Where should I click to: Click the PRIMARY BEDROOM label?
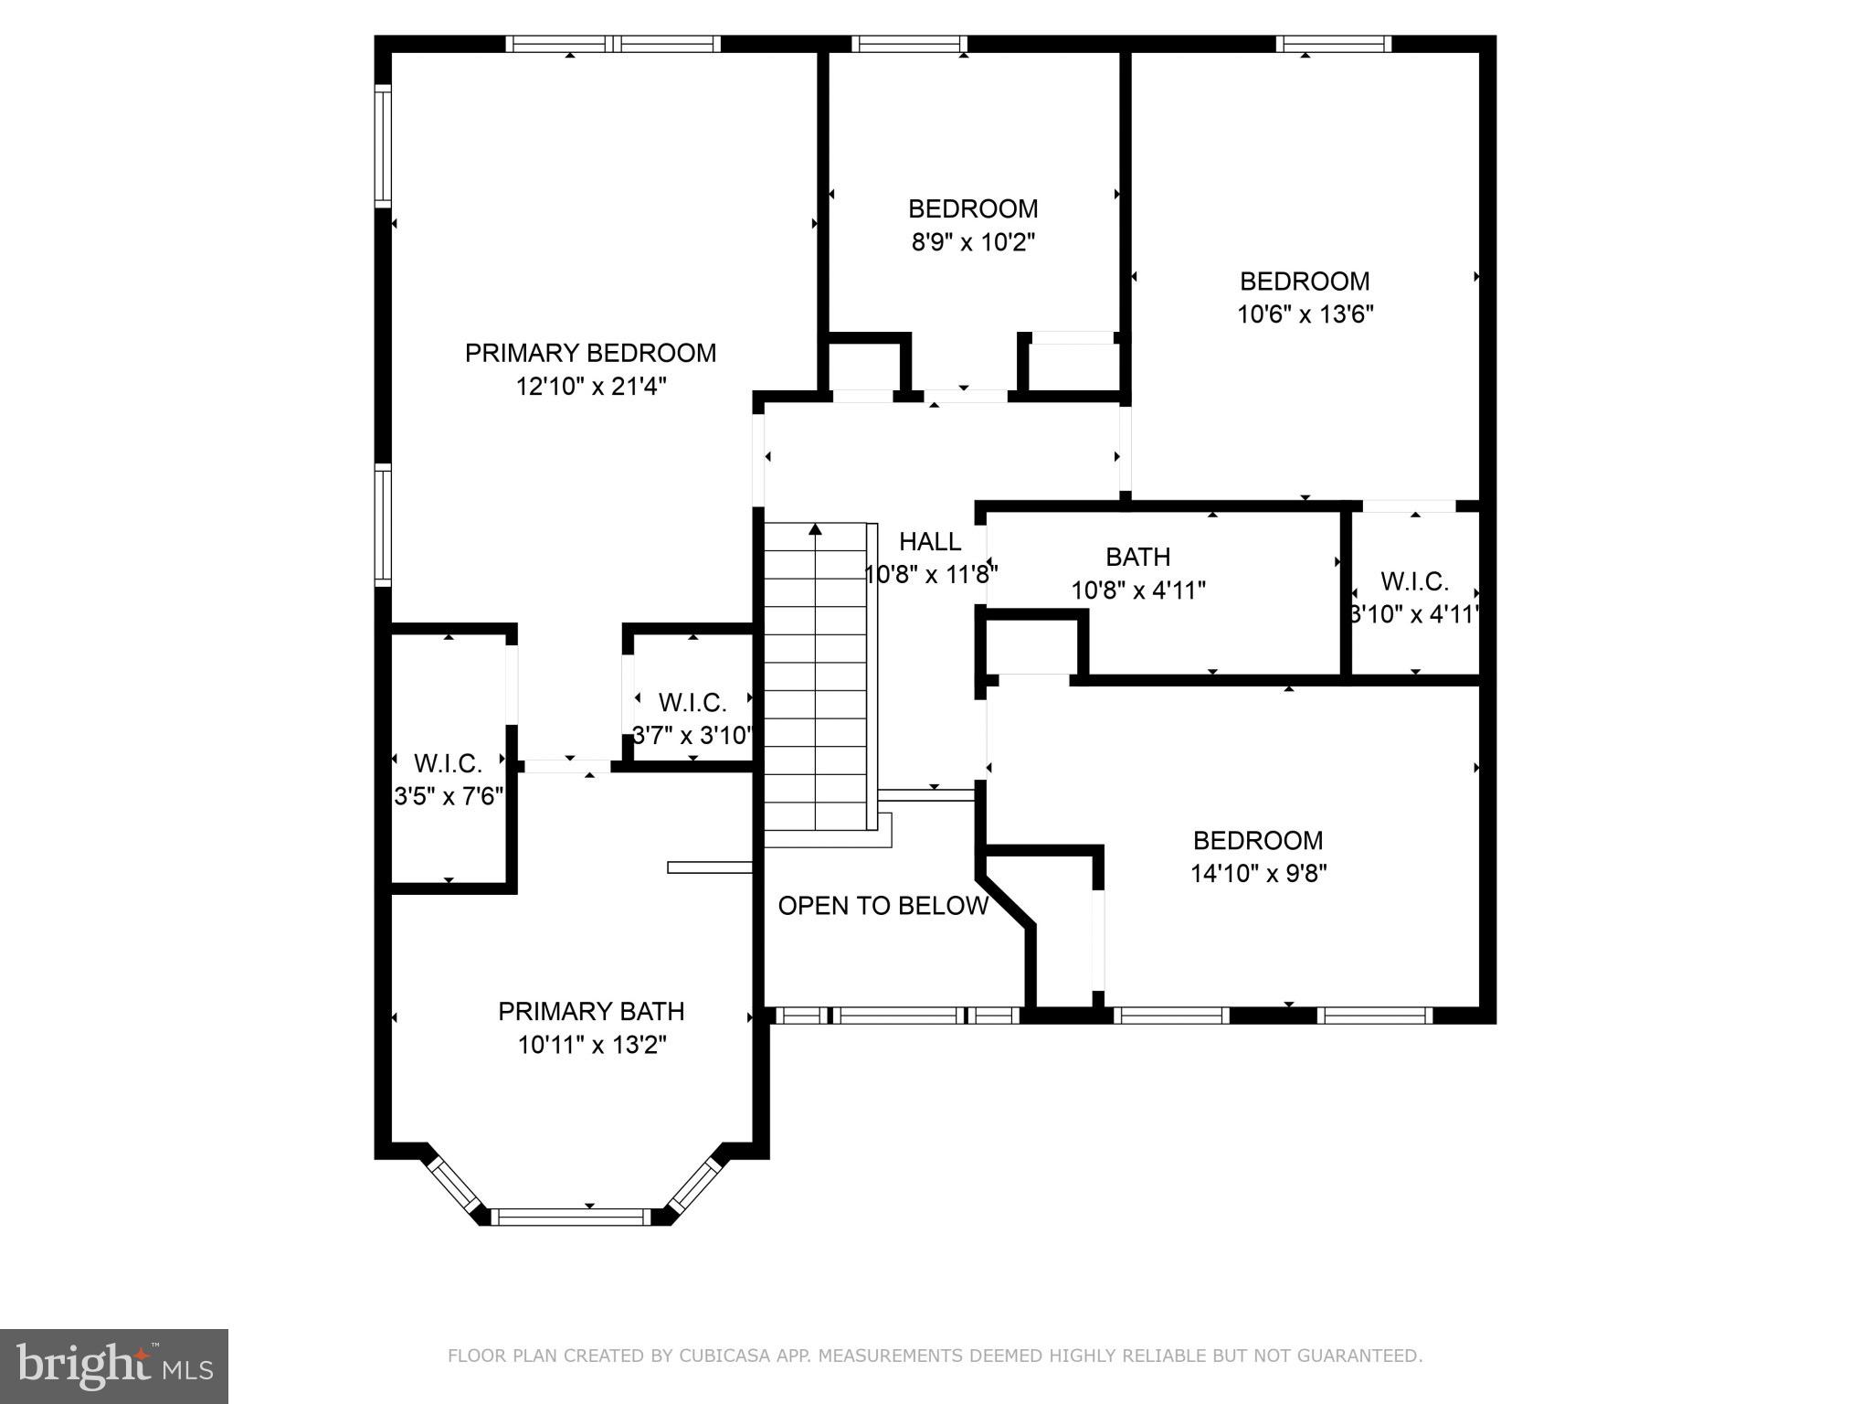click(x=590, y=353)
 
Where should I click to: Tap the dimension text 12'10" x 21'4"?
click(x=590, y=387)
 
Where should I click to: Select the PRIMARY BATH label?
click(x=591, y=1011)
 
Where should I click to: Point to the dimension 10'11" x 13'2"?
click(x=592, y=1045)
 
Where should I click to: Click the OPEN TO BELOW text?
click(x=883, y=906)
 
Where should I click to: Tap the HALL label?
click(x=930, y=542)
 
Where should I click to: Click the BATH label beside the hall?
click(x=1137, y=557)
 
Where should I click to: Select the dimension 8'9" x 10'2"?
click(x=973, y=242)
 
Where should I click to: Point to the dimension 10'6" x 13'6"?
click(x=1305, y=314)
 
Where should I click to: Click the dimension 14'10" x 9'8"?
click(x=1258, y=874)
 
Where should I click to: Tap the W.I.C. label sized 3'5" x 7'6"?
click(x=448, y=763)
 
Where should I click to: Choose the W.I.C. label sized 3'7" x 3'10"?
click(x=692, y=703)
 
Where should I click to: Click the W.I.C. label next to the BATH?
click(x=1414, y=581)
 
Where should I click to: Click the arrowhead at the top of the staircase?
click(x=815, y=529)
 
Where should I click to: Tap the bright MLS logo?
click(x=113, y=1366)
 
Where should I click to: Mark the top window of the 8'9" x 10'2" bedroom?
click(x=909, y=44)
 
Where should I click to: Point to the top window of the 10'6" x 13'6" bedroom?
click(x=1334, y=44)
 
